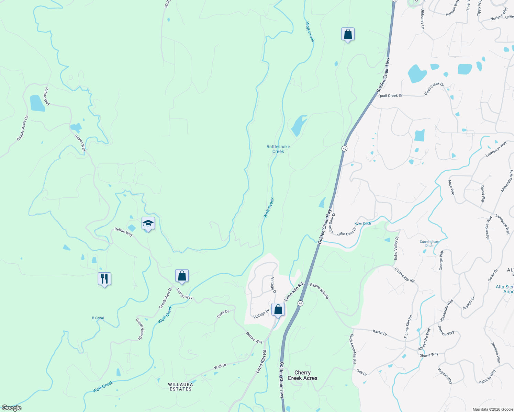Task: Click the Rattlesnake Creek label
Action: coord(278,149)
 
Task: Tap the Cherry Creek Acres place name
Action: coord(302,375)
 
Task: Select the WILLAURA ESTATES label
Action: coord(180,387)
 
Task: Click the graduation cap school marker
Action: coord(148,224)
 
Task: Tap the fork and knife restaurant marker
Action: coord(104,278)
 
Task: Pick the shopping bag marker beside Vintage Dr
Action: coord(278,309)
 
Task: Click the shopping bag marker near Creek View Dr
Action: coord(182,276)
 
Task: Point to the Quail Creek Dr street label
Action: coord(390,96)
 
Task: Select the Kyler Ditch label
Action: coord(362,224)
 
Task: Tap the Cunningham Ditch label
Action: coord(429,243)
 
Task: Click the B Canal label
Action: coord(98,318)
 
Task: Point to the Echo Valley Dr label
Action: coord(396,248)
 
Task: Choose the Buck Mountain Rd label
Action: coord(353,349)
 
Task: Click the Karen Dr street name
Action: coord(380,332)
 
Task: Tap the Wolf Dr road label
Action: coord(220,366)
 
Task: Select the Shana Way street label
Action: coord(429,355)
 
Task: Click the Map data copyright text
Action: coord(493,409)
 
